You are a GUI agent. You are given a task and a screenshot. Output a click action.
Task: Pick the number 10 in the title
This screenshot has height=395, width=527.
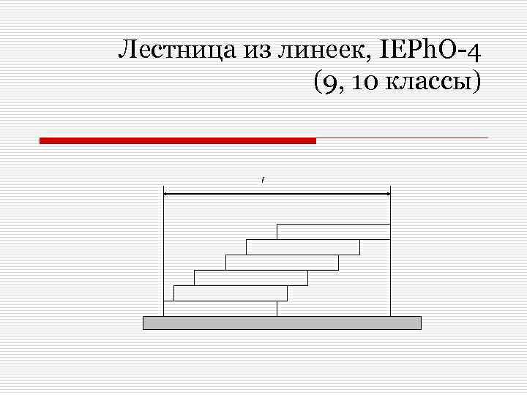(x=362, y=83)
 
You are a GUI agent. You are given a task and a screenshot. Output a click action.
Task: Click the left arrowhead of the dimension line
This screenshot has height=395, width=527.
(x=168, y=194)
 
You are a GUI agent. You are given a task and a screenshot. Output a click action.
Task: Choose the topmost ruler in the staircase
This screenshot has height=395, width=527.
(x=333, y=231)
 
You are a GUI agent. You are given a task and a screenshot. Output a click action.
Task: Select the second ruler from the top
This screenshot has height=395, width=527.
(x=302, y=247)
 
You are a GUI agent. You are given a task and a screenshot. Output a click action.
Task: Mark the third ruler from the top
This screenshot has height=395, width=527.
(x=282, y=263)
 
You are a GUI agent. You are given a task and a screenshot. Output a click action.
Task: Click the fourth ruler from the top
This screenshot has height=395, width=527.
(x=251, y=278)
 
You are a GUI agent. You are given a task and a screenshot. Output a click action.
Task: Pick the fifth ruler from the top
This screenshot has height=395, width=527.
(x=231, y=293)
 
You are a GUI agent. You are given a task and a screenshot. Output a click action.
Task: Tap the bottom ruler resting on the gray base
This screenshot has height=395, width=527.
(x=220, y=309)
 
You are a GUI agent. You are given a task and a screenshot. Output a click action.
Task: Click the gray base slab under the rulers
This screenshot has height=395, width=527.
(x=282, y=323)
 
